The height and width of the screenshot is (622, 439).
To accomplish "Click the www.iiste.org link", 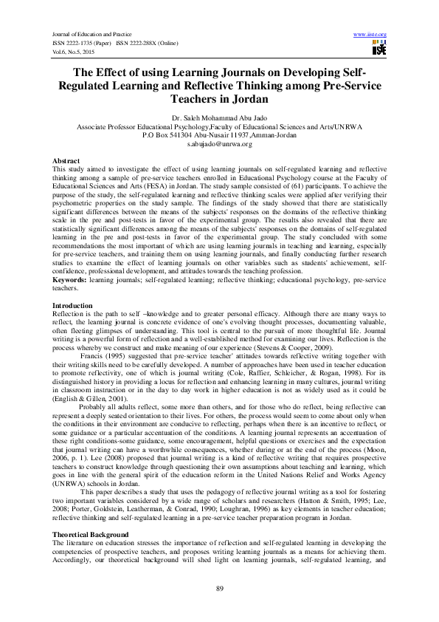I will pos(370,35).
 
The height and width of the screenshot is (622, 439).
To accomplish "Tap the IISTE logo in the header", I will pos(379,49).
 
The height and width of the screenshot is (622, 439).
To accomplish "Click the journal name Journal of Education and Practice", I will pos(91,35).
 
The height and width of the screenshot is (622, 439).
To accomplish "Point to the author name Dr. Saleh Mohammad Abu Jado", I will pos(219,118).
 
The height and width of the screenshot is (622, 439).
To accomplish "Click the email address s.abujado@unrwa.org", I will pos(219,144).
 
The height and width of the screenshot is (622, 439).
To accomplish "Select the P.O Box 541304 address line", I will pos(219,135).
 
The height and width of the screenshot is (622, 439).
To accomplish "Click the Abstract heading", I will pos(66,160).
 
